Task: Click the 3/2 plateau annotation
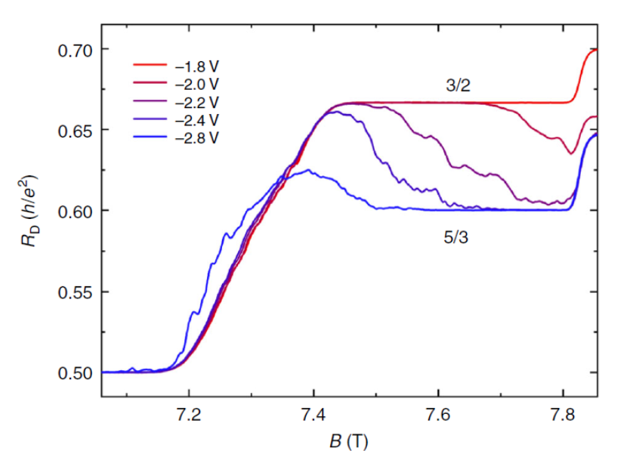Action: tap(457, 87)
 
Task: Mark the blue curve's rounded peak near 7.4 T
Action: tap(307, 171)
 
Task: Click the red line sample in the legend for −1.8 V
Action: tap(149, 66)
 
